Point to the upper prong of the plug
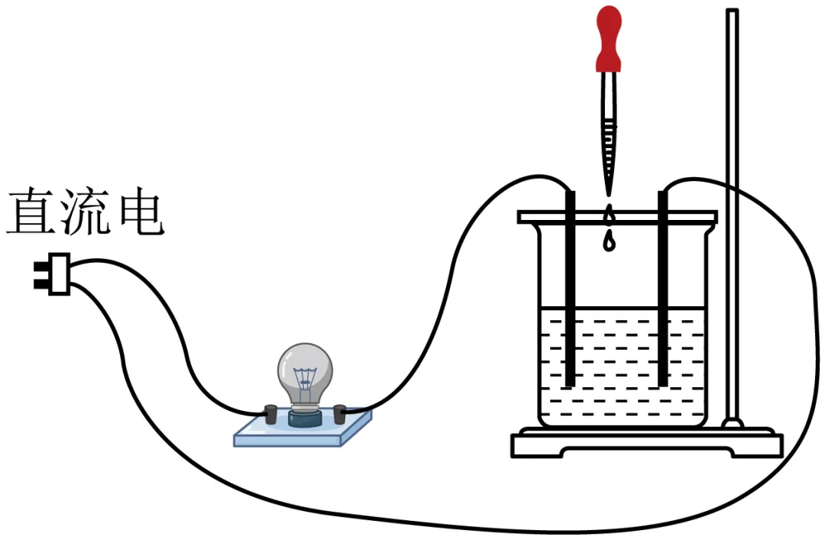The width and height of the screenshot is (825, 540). pyautogui.click(x=38, y=267)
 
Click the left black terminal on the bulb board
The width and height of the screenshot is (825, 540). pyautogui.click(x=270, y=413)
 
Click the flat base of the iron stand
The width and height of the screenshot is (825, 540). pyautogui.click(x=646, y=445)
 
